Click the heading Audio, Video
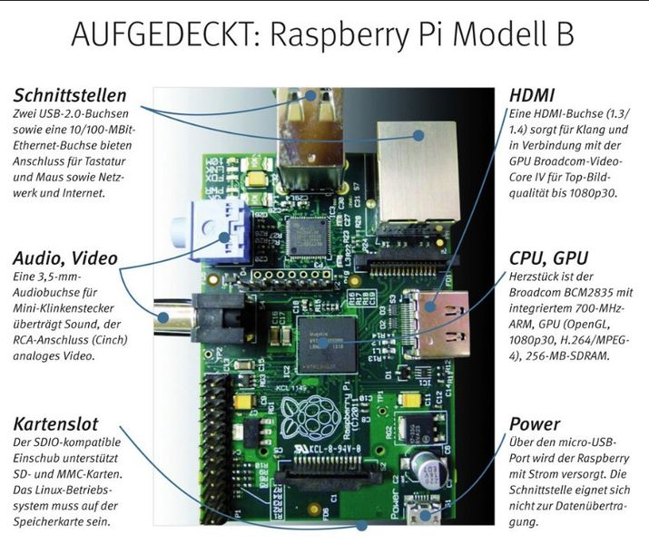[x=65, y=257]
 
